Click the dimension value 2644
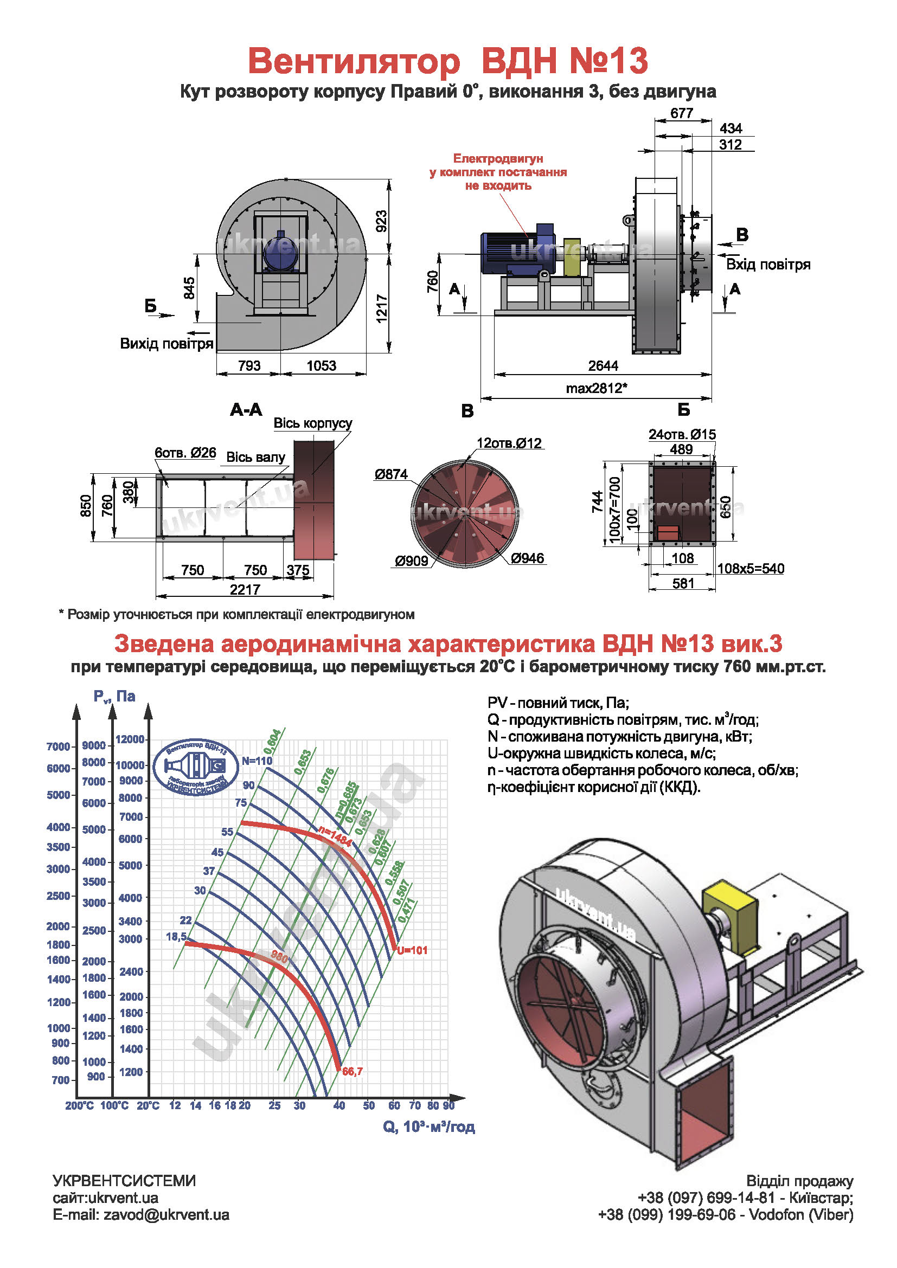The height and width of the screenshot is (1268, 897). tap(603, 365)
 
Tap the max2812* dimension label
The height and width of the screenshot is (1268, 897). tap(596, 388)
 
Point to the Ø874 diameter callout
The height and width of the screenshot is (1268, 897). tap(391, 474)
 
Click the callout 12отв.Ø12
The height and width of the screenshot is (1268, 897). tap(509, 443)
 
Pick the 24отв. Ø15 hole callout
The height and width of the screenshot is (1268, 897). tap(682, 435)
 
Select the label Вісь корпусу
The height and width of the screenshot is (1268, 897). tap(312, 423)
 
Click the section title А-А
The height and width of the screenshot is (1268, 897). tap(246, 410)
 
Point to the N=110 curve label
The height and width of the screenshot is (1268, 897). tap(257, 761)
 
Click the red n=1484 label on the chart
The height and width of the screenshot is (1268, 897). tap(335, 836)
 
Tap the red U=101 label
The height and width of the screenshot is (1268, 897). tap(412, 950)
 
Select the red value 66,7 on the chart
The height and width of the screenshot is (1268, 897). tap(353, 1071)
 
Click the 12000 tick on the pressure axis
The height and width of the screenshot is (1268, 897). tap(130, 739)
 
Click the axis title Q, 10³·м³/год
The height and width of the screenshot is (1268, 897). tap(428, 1127)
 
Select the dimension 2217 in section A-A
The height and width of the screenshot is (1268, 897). tap(245, 589)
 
